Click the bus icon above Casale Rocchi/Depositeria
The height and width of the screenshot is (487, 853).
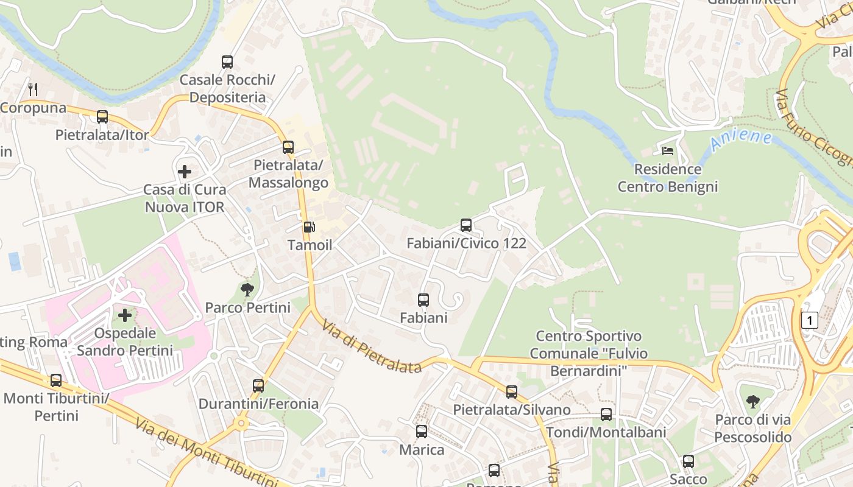(x=227, y=61)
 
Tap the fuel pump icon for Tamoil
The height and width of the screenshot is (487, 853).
(x=310, y=227)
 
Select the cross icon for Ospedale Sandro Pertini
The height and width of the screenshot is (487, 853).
(x=125, y=315)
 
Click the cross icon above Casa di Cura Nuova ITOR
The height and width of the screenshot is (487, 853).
(x=184, y=172)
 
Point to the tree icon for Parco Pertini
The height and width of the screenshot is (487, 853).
(x=247, y=290)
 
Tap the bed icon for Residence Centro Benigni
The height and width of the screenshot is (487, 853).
(x=668, y=150)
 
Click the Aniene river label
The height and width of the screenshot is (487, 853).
(x=741, y=139)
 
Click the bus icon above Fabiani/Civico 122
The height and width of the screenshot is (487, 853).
(x=466, y=225)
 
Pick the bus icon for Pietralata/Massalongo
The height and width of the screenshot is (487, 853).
(x=288, y=147)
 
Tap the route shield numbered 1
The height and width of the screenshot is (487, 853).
(x=809, y=320)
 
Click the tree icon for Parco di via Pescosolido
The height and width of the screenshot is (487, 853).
(x=753, y=401)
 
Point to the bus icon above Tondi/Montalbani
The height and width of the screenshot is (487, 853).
(x=606, y=415)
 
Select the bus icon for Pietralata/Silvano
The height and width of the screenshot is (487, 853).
(x=512, y=392)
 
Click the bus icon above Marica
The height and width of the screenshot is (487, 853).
(x=422, y=432)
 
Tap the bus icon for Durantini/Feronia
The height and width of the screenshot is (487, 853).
(x=258, y=385)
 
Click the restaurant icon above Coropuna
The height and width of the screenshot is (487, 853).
(x=34, y=89)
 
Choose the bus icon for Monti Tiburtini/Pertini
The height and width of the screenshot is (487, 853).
(x=56, y=380)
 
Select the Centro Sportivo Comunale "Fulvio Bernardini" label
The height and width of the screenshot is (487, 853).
(x=588, y=353)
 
